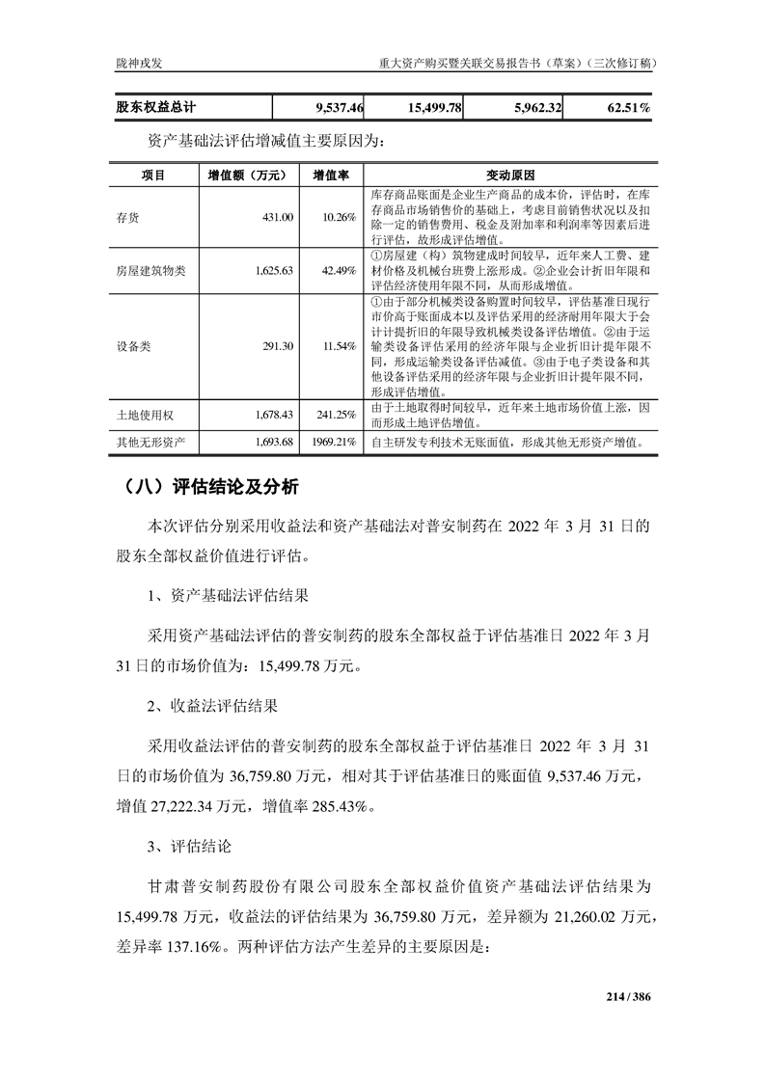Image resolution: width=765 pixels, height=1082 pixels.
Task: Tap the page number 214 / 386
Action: (x=629, y=996)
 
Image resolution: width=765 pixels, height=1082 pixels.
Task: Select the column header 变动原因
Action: (x=510, y=176)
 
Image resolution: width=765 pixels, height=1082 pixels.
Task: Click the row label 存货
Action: (x=127, y=218)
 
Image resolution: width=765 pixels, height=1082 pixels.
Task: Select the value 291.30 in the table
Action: (x=276, y=346)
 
